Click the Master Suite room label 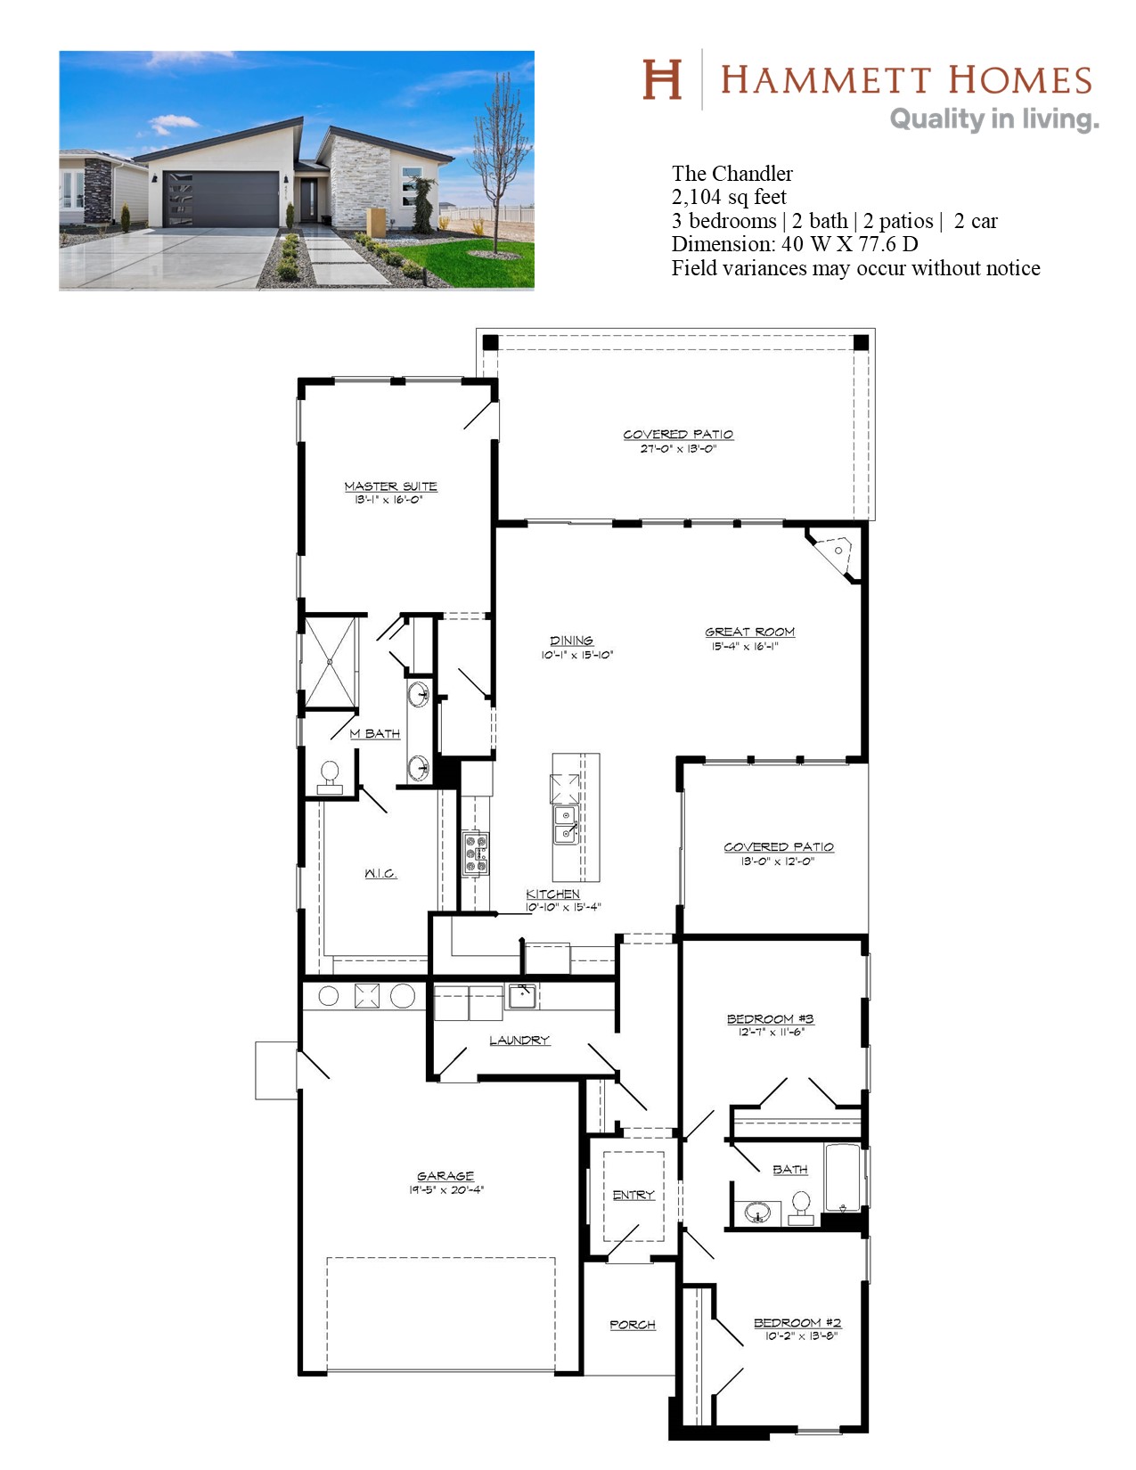pyautogui.click(x=390, y=486)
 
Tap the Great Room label pyautogui.click(x=749, y=631)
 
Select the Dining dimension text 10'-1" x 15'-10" pyautogui.click(x=576, y=655)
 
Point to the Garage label pyautogui.click(x=445, y=1176)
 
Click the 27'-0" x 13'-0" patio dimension pyautogui.click(x=678, y=448)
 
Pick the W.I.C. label pyautogui.click(x=380, y=873)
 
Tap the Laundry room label pyautogui.click(x=519, y=1040)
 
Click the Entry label pyautogui.click(x=633, y=1195)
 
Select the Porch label pyautogui.click(x=633, y=1325)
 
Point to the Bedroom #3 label pyautogui.click(x=770, y=1019)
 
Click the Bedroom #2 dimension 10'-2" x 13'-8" pyautogui.click(x=801, y=1336)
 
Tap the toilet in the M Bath pyautogui.click(x=330, y=777)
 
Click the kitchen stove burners pyautogui.click(x=475, y=852)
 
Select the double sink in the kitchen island pyautogui.click(x=566, y=825)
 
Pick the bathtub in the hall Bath pyautogui.click(x=842, y=1178)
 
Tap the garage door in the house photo pyautogui.click(x=221, y=199)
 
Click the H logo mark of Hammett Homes pyautogui.click(x=662, y=79)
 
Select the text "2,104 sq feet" pyautogui.click(x=729, y=197)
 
